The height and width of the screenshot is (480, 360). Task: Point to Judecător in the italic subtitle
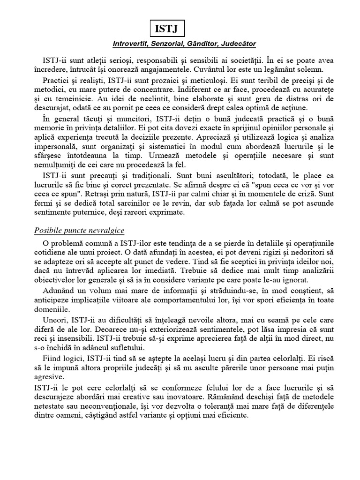(238, 44)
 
